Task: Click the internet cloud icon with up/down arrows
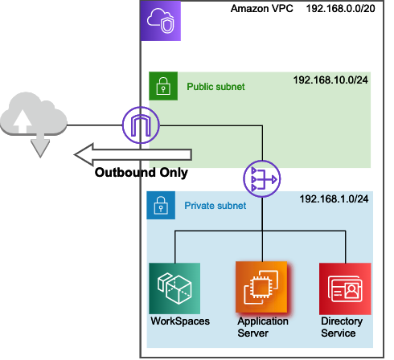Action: coord(34,123)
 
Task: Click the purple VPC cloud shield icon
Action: coord(161,20)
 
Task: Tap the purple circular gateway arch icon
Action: coord(141,125)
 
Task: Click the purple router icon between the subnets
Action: coord(262,178)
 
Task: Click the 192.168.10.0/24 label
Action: coord(330,81)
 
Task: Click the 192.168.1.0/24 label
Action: coord(334,198)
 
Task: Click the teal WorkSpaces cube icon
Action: coord(174,288)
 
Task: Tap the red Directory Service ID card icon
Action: coord(345,288)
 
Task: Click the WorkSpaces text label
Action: coord(180,321)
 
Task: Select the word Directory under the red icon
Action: coord(342,321)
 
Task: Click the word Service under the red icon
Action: coord(338,333)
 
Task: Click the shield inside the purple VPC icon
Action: coord(166,24)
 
